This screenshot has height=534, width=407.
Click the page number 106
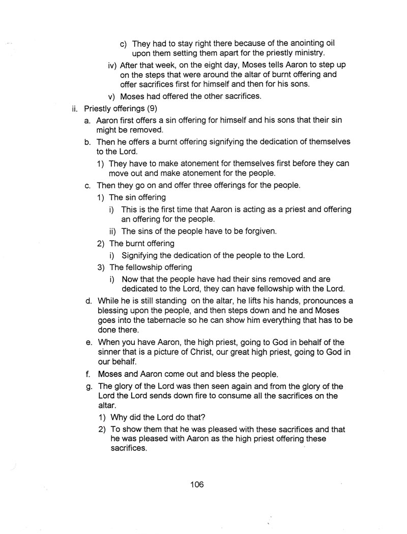[197, 484]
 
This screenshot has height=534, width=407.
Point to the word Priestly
[100, 108]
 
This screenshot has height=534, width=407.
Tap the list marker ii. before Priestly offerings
[75, 108]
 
